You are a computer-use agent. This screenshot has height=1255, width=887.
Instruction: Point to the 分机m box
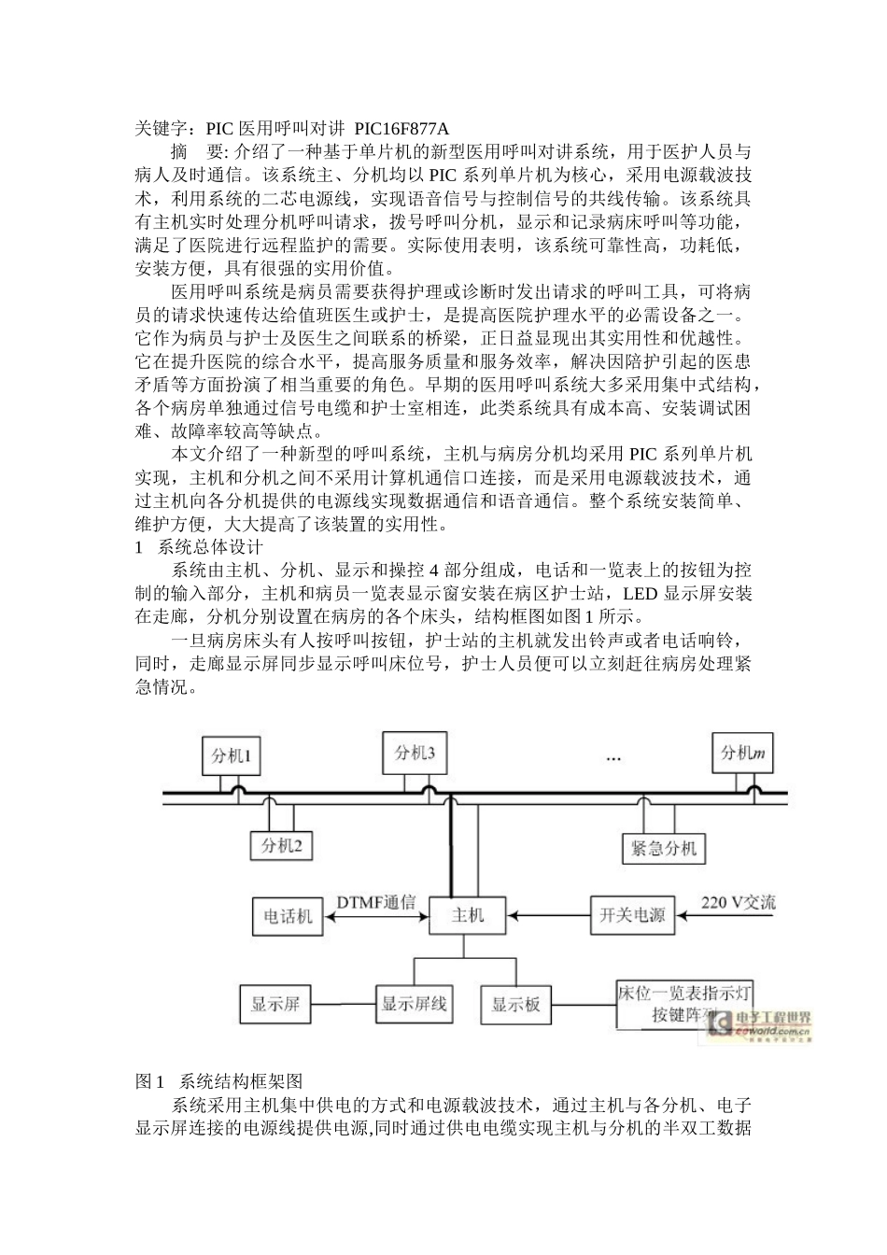pos(743,753)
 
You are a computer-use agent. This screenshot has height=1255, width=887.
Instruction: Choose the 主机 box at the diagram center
pos(467,915)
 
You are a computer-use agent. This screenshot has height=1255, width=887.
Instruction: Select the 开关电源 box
pos(632,914)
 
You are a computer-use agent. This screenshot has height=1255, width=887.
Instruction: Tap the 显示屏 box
pos(275,1005)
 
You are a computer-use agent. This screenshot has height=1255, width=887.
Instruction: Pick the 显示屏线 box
pos(414,1004)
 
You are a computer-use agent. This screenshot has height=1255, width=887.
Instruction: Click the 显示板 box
pos(515,1005)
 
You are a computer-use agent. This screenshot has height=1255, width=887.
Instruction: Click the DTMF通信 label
pos(375,902)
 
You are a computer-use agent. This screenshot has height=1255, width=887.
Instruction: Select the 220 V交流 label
pos(738,902)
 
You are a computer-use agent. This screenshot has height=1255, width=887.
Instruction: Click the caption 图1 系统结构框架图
pos(219,1080)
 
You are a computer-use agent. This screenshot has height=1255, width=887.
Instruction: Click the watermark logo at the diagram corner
pos(760,1025)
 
